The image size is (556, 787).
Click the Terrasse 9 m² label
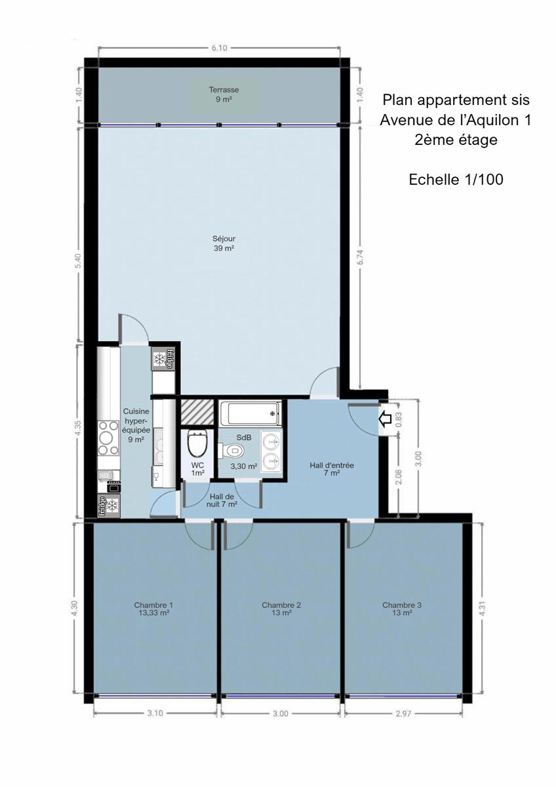point(224,94)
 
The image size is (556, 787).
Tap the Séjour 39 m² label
point(224,243)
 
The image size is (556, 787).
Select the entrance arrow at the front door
point(386,419)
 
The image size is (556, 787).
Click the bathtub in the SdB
point(250,414)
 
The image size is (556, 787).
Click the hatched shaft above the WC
point(197,412)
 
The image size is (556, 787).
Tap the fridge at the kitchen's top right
point(163,358)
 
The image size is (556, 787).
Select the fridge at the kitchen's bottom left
point(109,506)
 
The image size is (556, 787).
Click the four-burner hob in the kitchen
point(109,438)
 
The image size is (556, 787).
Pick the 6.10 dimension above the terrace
point(219,48)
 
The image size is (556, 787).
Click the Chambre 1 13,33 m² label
point(153,609)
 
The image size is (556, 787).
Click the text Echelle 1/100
point(456,180)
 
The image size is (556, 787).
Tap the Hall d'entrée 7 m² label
point(332,469)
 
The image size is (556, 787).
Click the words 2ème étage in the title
point(456,140)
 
